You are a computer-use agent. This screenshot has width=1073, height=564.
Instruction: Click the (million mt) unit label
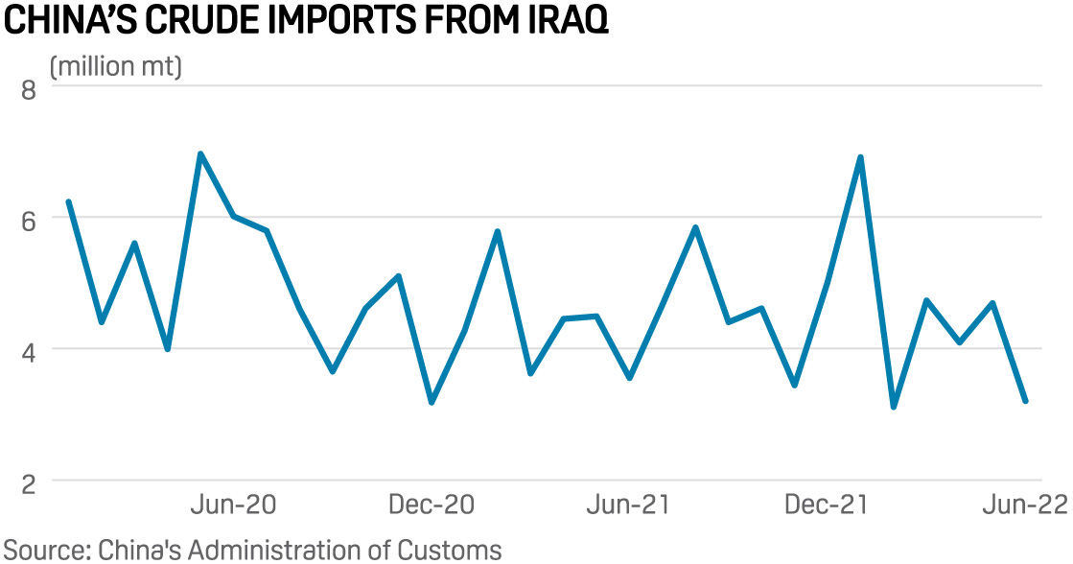pyautogui.click(x=115, y=67)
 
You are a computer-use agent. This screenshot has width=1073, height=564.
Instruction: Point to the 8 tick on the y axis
pyautogui.click(x=28, y=90)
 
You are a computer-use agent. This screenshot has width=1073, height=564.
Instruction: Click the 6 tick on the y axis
pyautogui.click(x=28, y=220)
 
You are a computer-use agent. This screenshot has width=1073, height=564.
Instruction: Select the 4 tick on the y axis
pyautogui.click(x=28, y=351)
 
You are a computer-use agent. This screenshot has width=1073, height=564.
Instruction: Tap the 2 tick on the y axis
pyautogui.click(x=28, y=483)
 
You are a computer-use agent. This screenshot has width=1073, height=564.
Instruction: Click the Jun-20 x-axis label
pyautogui.click(x=234, y=505)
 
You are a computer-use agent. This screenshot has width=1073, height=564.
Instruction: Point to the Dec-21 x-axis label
pyautogui.click(x=827, y=505)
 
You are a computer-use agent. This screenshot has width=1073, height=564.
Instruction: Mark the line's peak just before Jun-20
pyautogui.click(x=200, y=153)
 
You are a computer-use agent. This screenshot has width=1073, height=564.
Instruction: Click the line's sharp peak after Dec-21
pyautogui.click(x=860, y=157)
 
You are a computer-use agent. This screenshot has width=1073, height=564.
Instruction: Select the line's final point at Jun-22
pyautogui.click(x=1026, y=401)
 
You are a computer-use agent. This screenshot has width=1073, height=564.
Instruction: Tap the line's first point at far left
pyautogui.click(x=68, y=201)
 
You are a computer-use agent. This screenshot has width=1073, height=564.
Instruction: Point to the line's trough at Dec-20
pyautogui.click(x=432, y=402)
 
